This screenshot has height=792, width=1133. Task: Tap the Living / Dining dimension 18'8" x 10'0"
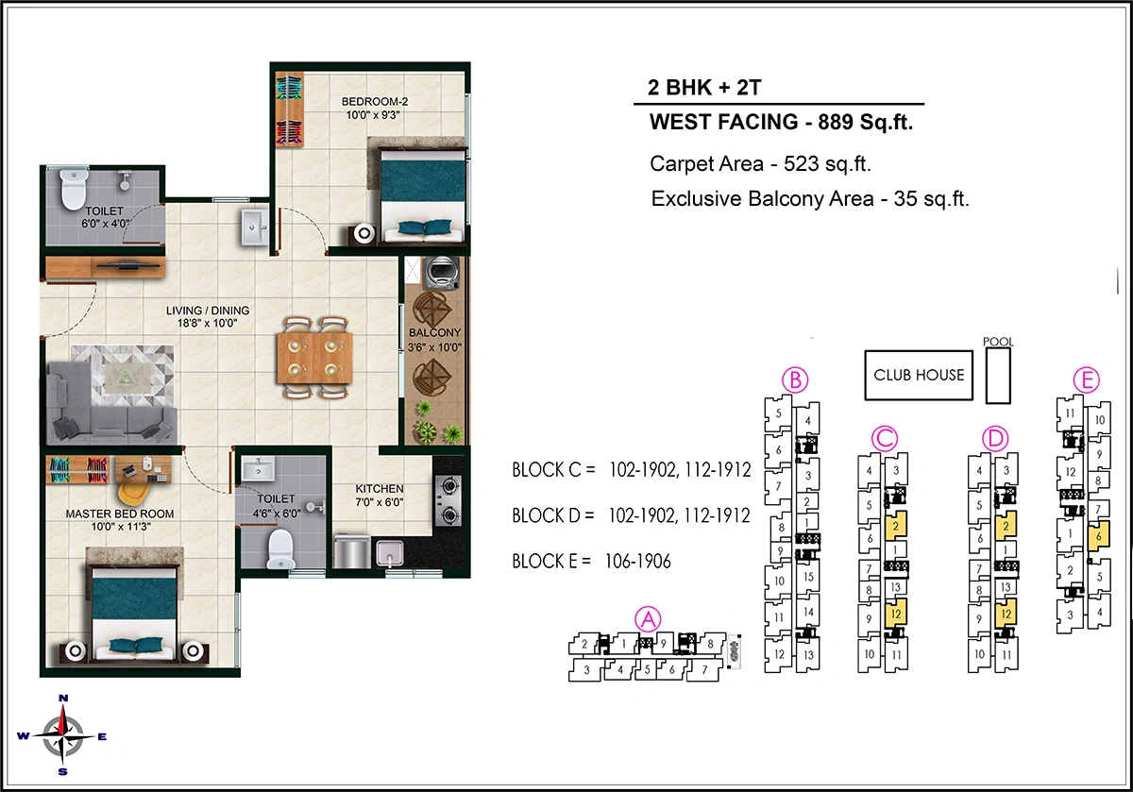[208, 323]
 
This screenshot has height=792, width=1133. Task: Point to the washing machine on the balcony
[440, 274]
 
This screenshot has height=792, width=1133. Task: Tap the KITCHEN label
[380, 488]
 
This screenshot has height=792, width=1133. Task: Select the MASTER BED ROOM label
[119, 514]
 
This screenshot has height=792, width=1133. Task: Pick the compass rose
[63, 733]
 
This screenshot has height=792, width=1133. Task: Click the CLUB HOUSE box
[919, 375]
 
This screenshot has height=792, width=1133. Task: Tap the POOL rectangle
[997, 375]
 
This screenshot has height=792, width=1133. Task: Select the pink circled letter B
[796, 380]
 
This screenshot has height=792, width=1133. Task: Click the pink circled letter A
[648, 618]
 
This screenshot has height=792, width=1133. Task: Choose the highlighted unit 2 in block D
[1007, 525]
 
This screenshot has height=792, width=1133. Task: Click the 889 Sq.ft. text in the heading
[859, 122]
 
